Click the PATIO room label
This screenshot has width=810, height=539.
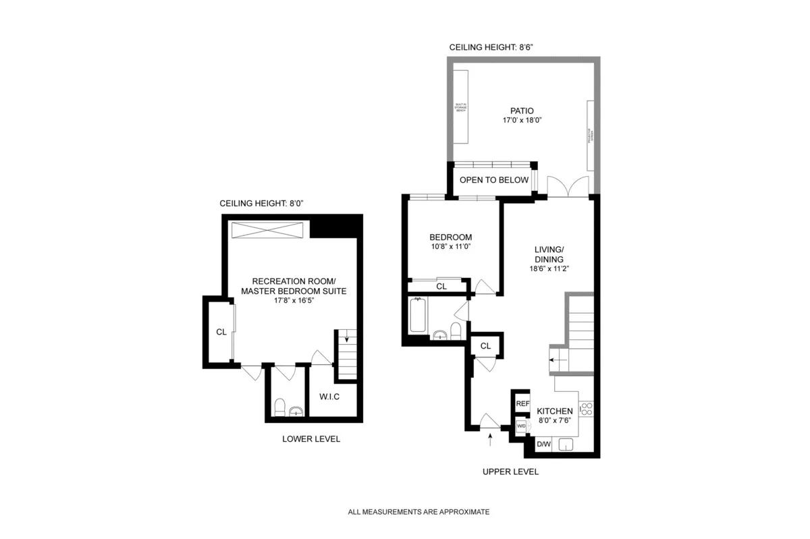tap(522, 111)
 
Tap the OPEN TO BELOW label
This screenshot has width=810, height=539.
tap(494, 180)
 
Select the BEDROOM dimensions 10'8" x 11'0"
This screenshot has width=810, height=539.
tap(451, 247)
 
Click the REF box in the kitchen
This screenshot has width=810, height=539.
tap(522, 403)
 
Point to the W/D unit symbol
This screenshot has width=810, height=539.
tap(521, 427)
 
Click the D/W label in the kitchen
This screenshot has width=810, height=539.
tap(543, 445)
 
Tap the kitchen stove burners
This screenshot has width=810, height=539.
tap(586, 409)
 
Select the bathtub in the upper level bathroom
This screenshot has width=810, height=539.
tap(418, 316)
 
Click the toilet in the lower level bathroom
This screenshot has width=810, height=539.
tap(279, 407)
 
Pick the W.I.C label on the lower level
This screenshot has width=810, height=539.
tap(329, 397)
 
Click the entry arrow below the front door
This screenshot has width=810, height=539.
tap(490, 440)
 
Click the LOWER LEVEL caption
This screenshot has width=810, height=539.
tap(311, 439)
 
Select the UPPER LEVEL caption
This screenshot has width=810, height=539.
tap(510, 472)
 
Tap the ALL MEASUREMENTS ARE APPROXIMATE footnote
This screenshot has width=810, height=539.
tap(418, 512)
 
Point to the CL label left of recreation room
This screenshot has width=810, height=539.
tap(221, 332)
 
